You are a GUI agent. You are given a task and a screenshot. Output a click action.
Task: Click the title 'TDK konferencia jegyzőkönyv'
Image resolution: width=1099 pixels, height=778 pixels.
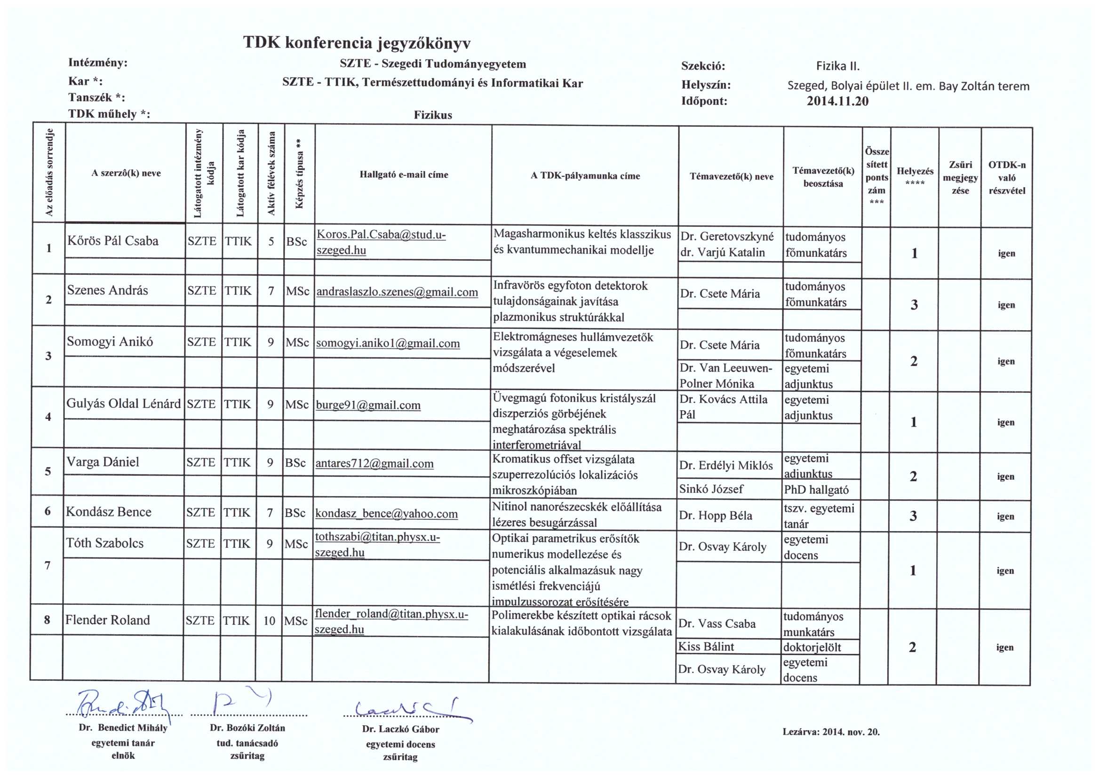pyautogui.click(x=357, y=43)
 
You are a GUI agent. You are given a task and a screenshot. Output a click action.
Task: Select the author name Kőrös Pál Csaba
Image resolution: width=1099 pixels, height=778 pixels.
pyautogui.click(x=112, y=240)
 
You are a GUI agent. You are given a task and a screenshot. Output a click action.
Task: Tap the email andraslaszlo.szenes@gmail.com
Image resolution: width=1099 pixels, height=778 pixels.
pyautogui.click(x=397, y=292)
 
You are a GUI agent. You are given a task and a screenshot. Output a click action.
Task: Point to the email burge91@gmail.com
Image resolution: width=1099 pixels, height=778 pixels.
pyautogui.click(x=368, y=405)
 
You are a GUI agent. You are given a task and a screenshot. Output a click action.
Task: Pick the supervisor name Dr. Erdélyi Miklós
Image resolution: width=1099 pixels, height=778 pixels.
pyautogui.click(x=726, y=465)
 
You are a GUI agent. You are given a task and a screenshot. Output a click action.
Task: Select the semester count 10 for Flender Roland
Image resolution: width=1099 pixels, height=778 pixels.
pyautogui.click(x=269, y=621)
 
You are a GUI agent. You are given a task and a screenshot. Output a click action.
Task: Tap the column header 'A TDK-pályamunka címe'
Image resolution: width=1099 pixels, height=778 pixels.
pyautogui.click(x=585, y=176)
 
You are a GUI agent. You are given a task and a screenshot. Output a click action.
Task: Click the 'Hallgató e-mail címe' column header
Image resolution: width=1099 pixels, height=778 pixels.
pyautogui.click(x=403, y=175)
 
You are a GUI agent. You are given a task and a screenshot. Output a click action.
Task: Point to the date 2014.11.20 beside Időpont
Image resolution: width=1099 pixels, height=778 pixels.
pyautogui.click(x=837, y=101)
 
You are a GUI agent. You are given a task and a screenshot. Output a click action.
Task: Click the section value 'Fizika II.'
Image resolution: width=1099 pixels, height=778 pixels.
pyautogui.click(x=838, y=66)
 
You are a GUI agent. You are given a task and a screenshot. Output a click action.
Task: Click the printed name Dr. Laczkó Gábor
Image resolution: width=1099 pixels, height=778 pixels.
pyautogui.click(x=400, y=729)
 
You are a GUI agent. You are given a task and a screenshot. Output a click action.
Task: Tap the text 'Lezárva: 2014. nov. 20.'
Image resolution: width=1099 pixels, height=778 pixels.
pyautogui.click(x=831, y=732)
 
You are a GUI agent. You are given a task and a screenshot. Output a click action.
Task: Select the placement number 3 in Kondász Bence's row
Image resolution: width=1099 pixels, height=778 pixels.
pyautogui.click(x=913, y=516)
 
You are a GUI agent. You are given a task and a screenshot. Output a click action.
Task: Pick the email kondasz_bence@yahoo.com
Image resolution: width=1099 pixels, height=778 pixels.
pyautogui.click(x=386, y=514)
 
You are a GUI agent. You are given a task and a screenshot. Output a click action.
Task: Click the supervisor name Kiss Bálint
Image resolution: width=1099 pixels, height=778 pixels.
pyautogui.click(x=706, y=647)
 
